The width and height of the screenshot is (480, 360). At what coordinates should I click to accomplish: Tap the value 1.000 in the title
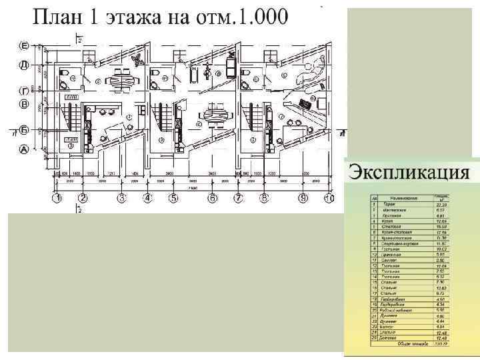click(257, 17)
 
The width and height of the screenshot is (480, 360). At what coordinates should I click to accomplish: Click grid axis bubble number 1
click(58, 198)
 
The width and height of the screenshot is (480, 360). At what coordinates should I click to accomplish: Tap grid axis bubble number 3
click(122, 198)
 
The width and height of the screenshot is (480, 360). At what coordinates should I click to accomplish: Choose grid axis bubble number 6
click(212, 198)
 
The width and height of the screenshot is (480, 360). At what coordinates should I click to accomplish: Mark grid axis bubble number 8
click(264, 198)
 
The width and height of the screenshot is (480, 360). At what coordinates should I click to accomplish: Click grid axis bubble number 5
click(173, 198)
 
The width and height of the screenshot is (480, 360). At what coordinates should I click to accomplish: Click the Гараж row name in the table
click(388, 204)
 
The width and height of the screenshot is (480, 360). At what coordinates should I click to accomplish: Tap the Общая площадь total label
click(411, 345)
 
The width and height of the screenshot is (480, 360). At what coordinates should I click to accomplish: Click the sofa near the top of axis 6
click(231, 67)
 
